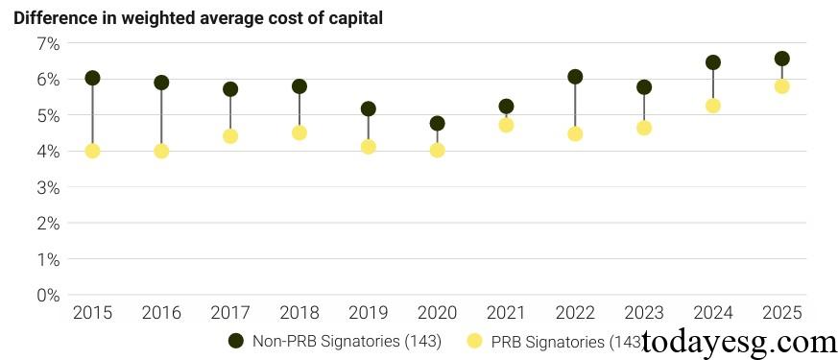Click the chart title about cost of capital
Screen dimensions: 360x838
198,18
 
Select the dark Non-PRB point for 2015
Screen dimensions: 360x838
92,78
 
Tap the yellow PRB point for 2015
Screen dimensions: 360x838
92,151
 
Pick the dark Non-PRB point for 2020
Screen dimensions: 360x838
437,123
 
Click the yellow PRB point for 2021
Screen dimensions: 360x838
506,125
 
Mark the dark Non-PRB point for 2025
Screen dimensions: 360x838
781,59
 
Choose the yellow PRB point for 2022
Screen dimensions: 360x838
575,133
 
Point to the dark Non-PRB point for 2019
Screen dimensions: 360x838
368,108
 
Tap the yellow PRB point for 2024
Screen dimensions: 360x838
712,106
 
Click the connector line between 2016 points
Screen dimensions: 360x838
161,117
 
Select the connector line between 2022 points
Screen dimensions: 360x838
575,106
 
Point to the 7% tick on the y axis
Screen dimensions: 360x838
48,43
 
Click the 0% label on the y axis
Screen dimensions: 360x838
48,295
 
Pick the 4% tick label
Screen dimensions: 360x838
48,151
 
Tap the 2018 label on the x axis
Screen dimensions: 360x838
299,313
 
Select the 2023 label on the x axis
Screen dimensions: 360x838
643,313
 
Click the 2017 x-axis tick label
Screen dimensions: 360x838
230,313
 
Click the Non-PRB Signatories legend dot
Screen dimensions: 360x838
235,341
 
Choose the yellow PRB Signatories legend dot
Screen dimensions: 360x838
473,341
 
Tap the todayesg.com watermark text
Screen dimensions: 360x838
739,342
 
